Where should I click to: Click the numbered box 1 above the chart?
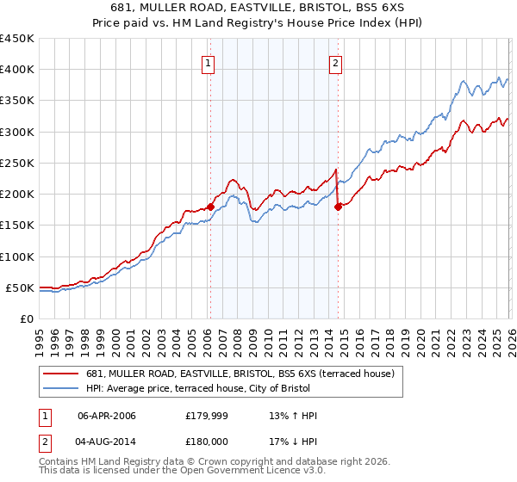pyautogui.click(x=209, y=62)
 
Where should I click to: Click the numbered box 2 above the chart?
pyautogui.click(x=335, y=62)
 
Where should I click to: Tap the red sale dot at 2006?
pyautogui.click(x=209, y=207)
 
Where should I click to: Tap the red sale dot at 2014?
pyautogui.click(x=338, y=206)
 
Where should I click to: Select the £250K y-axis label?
pyautogui.click(x=16, y=163)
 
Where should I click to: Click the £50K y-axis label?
pyautogui.click(x=20, y=287)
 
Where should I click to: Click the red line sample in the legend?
pyautogui.click(x=62, y=374)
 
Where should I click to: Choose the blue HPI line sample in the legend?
pyautogui.click(x=62, y=389)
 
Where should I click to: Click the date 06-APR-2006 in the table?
pyautogui.click(x=107, y=416)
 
